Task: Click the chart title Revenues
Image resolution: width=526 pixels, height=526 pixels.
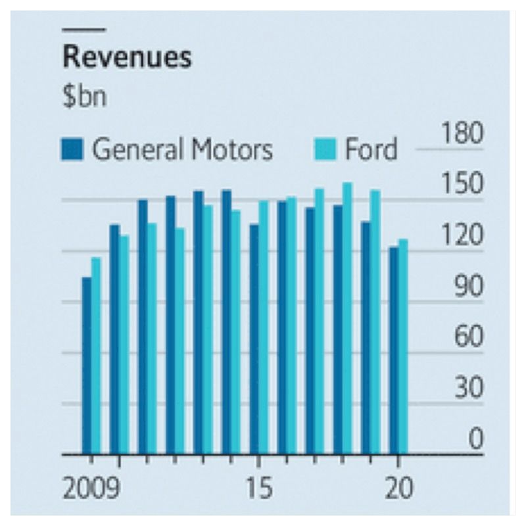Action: (x=127, y=58)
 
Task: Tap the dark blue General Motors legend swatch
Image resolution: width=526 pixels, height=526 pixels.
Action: (x=73, y=149)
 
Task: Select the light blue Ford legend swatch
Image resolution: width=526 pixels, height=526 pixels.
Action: (x=325, y=149)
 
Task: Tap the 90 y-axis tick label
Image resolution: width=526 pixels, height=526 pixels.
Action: (x=467, y=287)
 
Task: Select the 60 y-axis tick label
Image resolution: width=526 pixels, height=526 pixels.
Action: (x=467, y=338)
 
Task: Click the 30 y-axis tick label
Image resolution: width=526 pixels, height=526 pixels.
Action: (x=467, y=389)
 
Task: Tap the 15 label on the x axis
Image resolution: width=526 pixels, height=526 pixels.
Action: (x=258, y=489)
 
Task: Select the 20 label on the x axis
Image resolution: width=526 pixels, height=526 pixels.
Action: (x=398, y=489)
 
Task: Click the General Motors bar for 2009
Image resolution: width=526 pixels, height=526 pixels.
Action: (x=86, y=366)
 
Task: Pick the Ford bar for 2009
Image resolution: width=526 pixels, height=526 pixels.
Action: (x=96, y=356)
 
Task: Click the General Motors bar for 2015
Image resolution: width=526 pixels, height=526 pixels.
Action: (x=254, y=339)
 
